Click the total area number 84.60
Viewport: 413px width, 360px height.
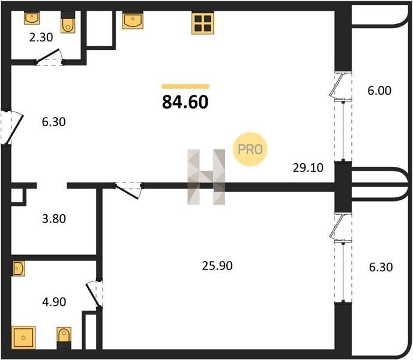(x=185, y=102)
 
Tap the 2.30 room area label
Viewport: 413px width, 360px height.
(x=41, y=37)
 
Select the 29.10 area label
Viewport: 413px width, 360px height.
(x=308, y=168)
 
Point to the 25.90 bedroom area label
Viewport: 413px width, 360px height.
(x=217, y=266)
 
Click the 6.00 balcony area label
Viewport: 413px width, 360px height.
(x=379, y=91)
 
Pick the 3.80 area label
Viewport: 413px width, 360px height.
(x=54, y=219)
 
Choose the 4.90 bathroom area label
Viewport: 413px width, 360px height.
(x=54, y=302)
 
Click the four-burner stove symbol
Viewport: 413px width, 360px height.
(x=202, y=23)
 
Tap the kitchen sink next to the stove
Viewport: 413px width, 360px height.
(x=133, y=20)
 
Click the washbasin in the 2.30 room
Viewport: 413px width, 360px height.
(x=32, y=17)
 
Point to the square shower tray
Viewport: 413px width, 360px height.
(x=23, y=337)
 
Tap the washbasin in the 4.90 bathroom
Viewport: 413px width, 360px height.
(x=19, y=268)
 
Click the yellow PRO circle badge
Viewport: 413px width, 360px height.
(x=250, y=149)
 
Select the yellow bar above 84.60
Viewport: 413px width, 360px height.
(x=185, y=86)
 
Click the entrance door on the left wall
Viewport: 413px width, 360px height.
(x=12, y=127)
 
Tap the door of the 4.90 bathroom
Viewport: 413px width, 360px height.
(x=94, y=293)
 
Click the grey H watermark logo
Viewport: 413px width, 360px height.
(x=206, y=177)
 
